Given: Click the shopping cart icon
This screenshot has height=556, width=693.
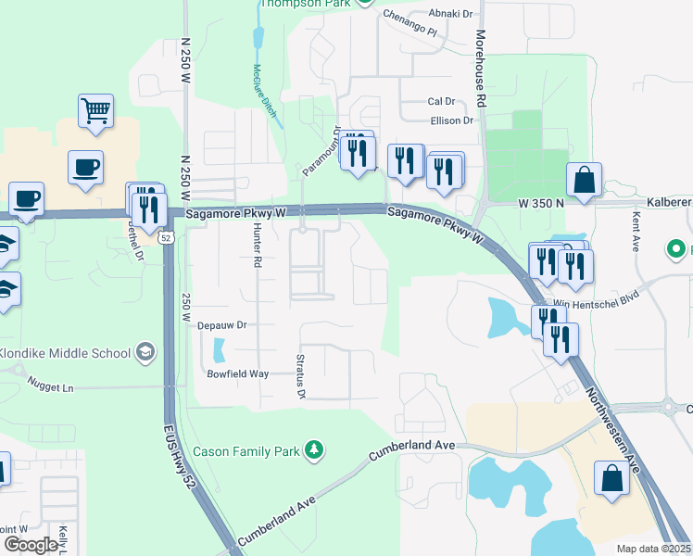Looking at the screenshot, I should [x=95, y=111].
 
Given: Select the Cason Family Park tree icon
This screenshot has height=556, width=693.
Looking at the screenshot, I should [x=315, y=450].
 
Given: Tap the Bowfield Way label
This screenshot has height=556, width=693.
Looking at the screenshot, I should [x=238, y=373].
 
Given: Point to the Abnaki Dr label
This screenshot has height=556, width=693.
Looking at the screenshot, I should [x=450, y=14].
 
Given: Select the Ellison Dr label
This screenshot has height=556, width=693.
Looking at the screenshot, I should [x=452, y=120].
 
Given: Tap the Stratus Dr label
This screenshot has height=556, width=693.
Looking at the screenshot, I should [x=301, y=376].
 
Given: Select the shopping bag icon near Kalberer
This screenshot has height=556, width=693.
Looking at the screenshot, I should [x=585, y=181].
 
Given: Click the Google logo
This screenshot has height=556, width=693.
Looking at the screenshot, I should [x=31, y=545].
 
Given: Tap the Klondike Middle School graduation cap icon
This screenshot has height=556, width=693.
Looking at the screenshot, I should [x=145, y=352].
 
